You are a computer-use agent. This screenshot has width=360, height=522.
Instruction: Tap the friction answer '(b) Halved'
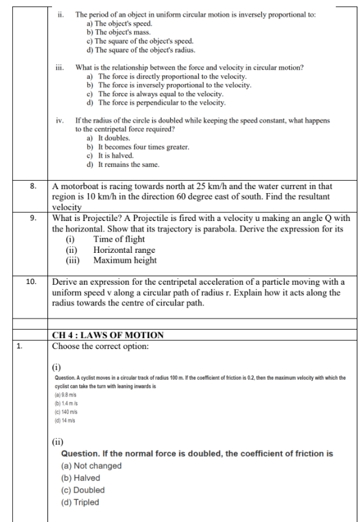point(80,478)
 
